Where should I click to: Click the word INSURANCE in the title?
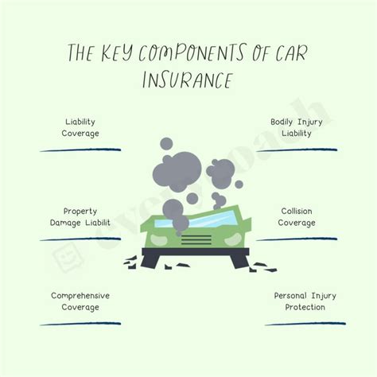tap(188, 81)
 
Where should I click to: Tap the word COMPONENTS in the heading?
tap(196, 53)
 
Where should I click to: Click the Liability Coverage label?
tap(82, 127)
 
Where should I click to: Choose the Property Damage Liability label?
tap(82, 217)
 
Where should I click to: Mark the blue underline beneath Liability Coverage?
tap(80, 150)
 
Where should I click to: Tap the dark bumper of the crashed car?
tap(188, 255)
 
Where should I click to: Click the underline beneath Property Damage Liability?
tap(80, 239)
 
